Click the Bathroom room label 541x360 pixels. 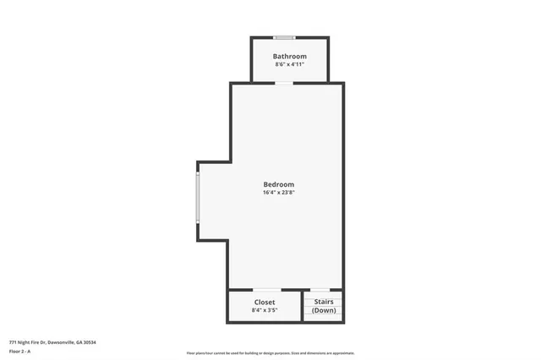(x=289, y=57)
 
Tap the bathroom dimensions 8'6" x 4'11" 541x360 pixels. (x=289, y=64)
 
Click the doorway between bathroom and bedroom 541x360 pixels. (x=285, y=82)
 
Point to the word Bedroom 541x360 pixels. (x=278, y=184)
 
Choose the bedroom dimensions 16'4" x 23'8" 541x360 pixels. (x=278, y=193)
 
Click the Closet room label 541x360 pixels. (x=265, y=302)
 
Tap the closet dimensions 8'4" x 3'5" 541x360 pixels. (x=265, y=310)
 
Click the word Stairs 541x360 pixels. (x=324, y=302)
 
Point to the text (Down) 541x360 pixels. (x=324, y=310)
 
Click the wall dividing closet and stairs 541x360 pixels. (x=303, y=307)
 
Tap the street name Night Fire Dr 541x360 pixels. (x=31, y=342)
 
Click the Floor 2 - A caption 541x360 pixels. (x=19, y=351)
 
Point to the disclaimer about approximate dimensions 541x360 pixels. (x=270, y=353)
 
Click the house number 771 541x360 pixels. (x=12, y=342)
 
